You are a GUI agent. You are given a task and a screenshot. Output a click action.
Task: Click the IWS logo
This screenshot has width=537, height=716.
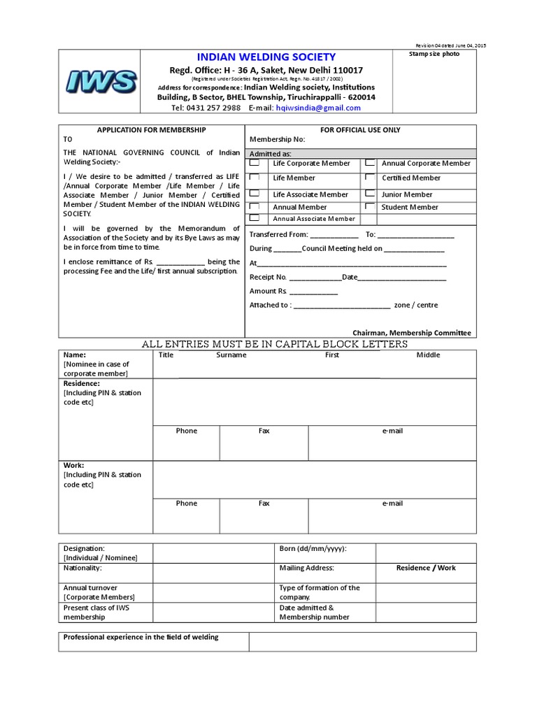coord(100,82)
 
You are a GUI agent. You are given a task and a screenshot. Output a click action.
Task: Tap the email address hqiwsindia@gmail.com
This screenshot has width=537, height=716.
coord(318,108)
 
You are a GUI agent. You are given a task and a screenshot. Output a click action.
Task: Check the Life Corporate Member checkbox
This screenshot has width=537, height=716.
coord(255,163)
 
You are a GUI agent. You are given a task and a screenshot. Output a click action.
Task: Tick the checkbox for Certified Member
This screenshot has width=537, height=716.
coord(369,178)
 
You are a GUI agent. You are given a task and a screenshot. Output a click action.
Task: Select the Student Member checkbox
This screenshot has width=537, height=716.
coord(369,207)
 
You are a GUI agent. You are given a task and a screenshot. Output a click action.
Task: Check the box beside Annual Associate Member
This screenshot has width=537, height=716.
coord(255,218)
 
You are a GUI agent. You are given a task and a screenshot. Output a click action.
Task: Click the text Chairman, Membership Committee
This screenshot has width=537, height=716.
coord(412,333)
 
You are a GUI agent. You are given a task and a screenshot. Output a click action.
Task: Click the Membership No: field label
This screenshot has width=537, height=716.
coord(278,139)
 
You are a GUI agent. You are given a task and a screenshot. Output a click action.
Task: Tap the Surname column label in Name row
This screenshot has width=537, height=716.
coord(231,355)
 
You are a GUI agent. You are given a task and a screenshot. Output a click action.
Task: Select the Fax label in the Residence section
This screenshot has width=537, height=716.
coord(264,431)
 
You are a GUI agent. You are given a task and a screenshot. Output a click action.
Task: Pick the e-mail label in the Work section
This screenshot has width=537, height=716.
coord(392,503)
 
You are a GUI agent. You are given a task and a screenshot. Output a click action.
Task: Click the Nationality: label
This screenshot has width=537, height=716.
coord(83,568)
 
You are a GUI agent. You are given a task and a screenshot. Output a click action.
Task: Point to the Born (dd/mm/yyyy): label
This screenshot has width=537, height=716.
coord(313,548)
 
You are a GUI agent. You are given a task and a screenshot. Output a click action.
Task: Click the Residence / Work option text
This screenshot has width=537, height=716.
coord(425,568)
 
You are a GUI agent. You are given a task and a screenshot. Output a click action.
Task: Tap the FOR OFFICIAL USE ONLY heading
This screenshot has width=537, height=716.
coord(360,130)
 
